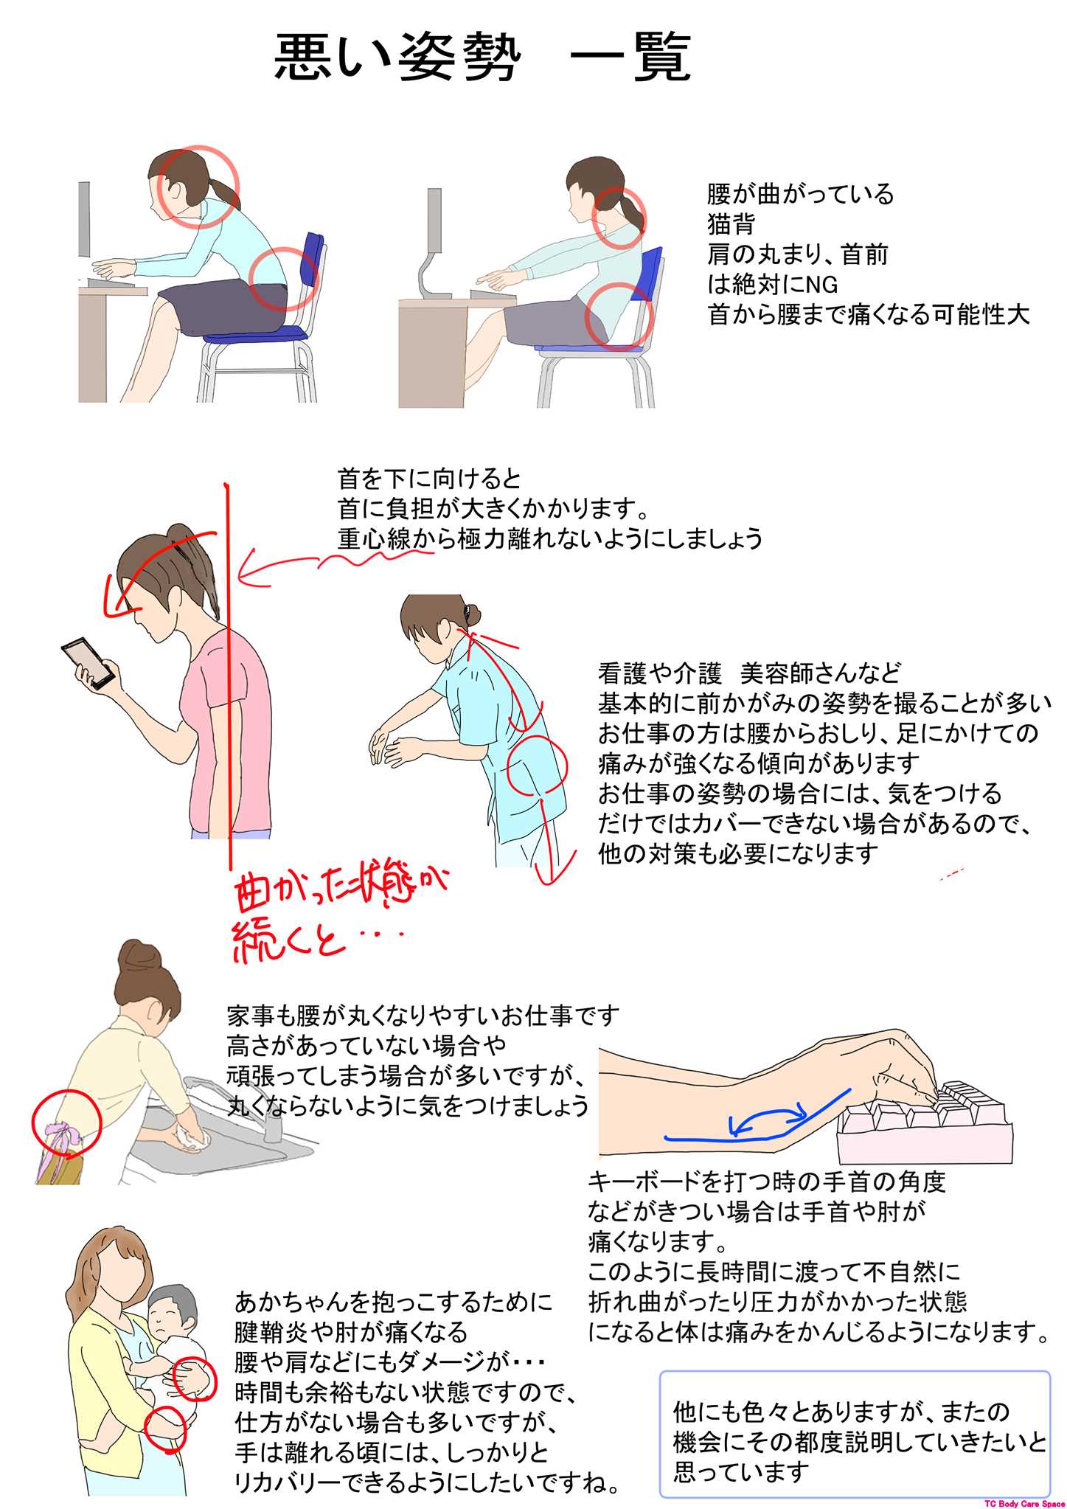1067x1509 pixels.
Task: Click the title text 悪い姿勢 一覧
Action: point(483,58)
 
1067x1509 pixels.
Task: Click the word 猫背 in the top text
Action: point(731,223)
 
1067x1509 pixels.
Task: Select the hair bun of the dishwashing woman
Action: point(139,957)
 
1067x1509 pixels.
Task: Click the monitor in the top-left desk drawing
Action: point(84,219)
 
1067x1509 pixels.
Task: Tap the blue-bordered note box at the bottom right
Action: point(855,1434)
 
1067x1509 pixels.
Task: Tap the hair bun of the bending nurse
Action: point(471,613)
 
